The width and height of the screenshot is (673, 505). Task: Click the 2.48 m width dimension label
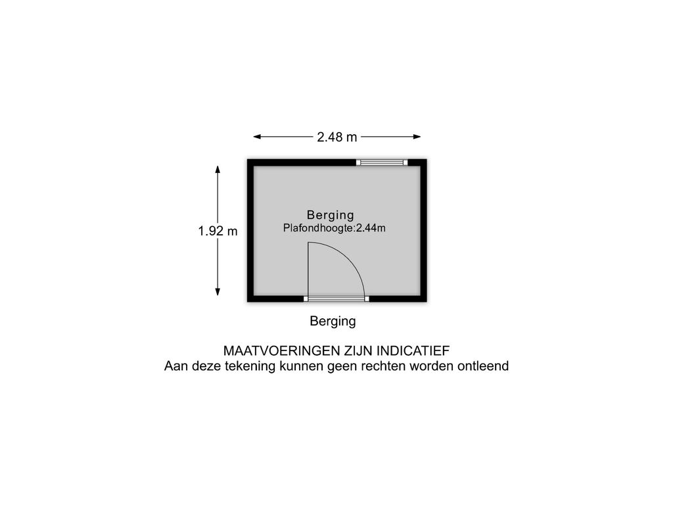pyautogui.click(x=337, y=137)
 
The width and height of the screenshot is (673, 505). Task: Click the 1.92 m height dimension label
pyautogui.click(x=218, y=231)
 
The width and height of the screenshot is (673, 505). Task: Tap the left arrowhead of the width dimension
pyautogui.click(x=257, y=137)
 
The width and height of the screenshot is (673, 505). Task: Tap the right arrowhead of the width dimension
pyautogui.click(x=417, y=137)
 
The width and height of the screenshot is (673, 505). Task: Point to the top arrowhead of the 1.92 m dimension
pyautogui.click(x=218, y=170)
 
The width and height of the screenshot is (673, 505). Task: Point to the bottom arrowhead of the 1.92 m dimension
pyautogui.click(x=218, y=291)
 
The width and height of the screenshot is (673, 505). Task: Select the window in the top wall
pyautogui.click(x=382, y=162)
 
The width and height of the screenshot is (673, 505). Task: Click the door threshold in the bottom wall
pyautogui.click(x=336, y=299)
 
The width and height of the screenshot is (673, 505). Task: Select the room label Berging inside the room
pyautogui.click(x=331, y=215)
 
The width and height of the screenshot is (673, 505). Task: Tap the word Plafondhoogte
pyautogui.click(x=318, y=228)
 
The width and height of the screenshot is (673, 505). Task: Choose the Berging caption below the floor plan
pyautogui.click(x=333, y=321)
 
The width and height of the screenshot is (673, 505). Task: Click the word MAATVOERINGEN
pyautogui.click(x=282, y=351)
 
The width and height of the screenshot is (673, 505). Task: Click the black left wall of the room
pyautogui.click(x=250, y=231)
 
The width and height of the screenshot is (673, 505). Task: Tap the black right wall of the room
pyautogui.click(x=424, y=231)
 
